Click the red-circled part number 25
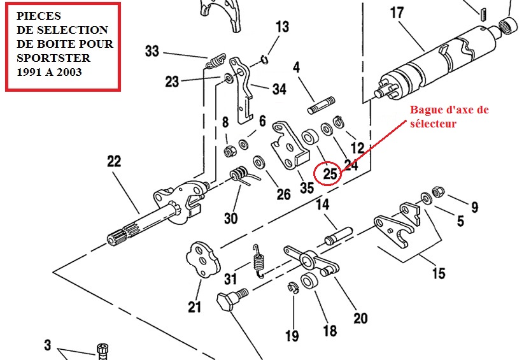330,172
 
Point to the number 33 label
152,51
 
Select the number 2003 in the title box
68,71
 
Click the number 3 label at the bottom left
47,345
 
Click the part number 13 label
282,27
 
